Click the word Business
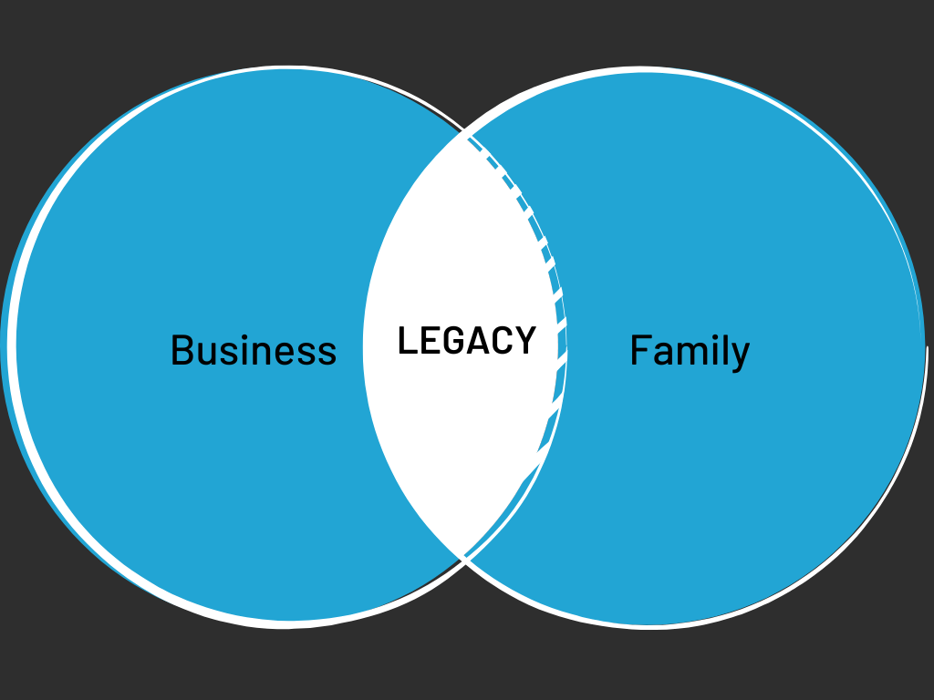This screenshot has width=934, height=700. pyautogui.click(x=254, y=351)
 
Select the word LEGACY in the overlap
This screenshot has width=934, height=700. pyautogui.click(x=466, y=341)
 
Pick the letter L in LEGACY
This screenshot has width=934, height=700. pyautogui.click(x=407, y=341)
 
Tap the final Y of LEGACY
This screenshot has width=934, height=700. pyautogui.click(x=525, y=341)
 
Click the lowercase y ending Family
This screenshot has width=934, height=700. pyautogui.click(x=740, y=357)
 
